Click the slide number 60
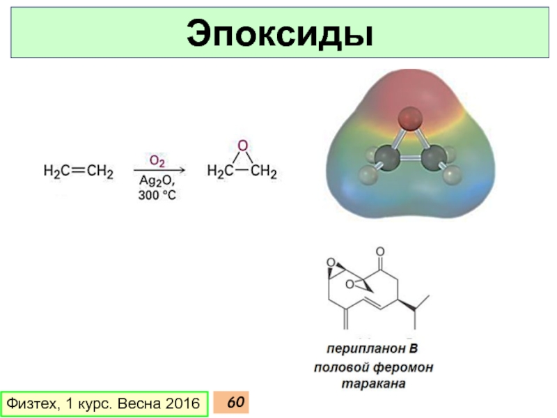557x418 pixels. pyautogui.click(x=236, y=403)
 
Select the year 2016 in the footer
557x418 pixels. pyautogui.click(x=182, y=404)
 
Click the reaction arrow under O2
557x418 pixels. pyautogui.click(x=159, y=170)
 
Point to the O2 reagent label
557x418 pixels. pyautogui.click(x=157, y=161)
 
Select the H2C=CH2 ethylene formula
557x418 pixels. pyautogui.click(x=78, y=171)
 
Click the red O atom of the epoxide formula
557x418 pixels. pyautogui.click(x=242, y=146)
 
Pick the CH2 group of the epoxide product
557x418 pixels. pyautogui.click(x=264, y=171)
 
